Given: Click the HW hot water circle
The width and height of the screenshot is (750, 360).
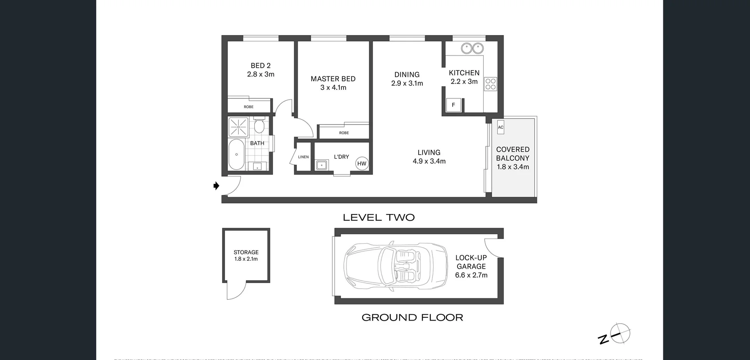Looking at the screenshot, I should click(x=362, y=164).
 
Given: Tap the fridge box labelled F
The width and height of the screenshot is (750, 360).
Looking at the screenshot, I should click(x=454, y=105).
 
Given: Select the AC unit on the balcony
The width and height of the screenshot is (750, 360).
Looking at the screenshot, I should click(x=500, y=127).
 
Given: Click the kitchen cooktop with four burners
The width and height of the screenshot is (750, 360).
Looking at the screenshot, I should click(x=491, y=84).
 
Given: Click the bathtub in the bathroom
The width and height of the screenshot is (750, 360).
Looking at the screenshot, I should click(x=236, y=155).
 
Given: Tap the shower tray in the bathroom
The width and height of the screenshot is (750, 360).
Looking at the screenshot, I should click(x=238, y=127).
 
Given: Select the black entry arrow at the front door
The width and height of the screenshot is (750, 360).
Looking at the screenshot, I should click(x=216, y=186).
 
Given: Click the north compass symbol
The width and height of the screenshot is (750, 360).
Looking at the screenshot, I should click(x=620, y=334).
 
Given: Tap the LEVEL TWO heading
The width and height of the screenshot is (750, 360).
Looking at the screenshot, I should click(x=379, y=217).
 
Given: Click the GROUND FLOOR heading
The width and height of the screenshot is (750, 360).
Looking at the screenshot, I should click(x=412, y=317).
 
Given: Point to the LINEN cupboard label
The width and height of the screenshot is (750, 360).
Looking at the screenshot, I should click(x=303, y=157).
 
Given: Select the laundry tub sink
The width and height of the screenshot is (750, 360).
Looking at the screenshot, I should click(x=321, y=165).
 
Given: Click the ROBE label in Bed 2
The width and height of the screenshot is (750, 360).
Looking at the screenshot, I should click(x=248, y=107).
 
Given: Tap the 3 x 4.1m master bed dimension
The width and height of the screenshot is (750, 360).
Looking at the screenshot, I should click(x=333, y=87).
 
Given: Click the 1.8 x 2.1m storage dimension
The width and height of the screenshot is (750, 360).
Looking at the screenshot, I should click(x=246, y=259).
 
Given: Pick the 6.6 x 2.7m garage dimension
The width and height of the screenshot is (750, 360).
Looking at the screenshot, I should click(x=471, y=275).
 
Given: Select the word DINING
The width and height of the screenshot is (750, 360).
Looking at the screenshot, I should click(x=407, y=75).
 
